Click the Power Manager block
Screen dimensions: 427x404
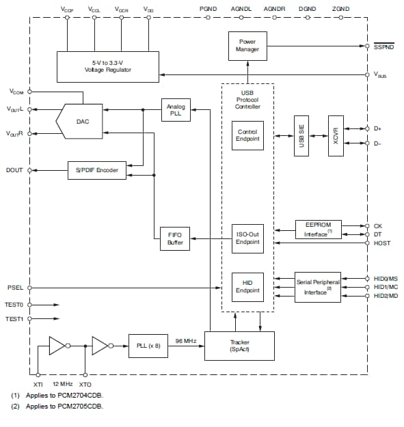point(247,46)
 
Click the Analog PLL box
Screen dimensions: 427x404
point(176,111)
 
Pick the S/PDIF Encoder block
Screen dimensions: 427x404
point(97,170)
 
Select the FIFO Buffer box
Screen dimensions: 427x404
point(175,239)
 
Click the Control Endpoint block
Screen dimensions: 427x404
point(247,135)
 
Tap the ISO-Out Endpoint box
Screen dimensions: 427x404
point(247,238)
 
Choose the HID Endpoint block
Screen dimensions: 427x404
point(247,286)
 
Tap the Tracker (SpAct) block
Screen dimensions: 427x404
point(239,346)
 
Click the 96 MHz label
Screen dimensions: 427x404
point(185,340)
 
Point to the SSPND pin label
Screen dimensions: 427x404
point(383,46)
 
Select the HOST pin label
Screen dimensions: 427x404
point(382,243)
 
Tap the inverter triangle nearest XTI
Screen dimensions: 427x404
point(58,346)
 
